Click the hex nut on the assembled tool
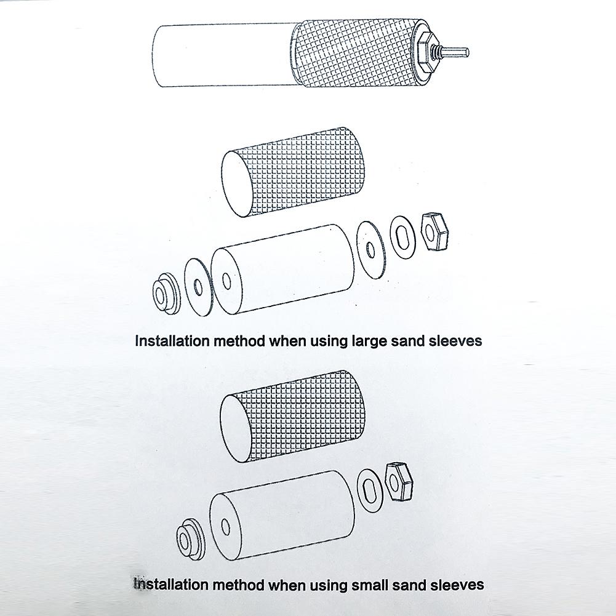426,53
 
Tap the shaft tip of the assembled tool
468,52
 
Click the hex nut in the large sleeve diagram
434,232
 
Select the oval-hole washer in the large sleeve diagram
404,236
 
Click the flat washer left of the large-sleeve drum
198,287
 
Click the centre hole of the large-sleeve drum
226,281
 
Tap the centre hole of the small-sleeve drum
225,527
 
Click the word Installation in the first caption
172,340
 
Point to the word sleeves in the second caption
457,585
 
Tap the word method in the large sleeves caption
239,340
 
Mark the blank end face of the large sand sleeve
237,184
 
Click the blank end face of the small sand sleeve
235,428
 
